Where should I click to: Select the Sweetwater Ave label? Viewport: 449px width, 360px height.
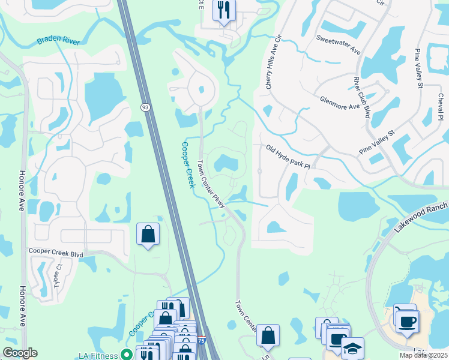coord(339,44)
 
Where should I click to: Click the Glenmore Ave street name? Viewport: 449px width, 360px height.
coord(340,103)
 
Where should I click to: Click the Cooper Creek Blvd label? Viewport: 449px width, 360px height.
coord(56,254)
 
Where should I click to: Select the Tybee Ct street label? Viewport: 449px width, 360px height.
coord(58,275)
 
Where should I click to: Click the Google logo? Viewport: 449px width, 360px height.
coord(20,352)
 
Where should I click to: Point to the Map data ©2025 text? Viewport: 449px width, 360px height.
coord(424,355)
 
